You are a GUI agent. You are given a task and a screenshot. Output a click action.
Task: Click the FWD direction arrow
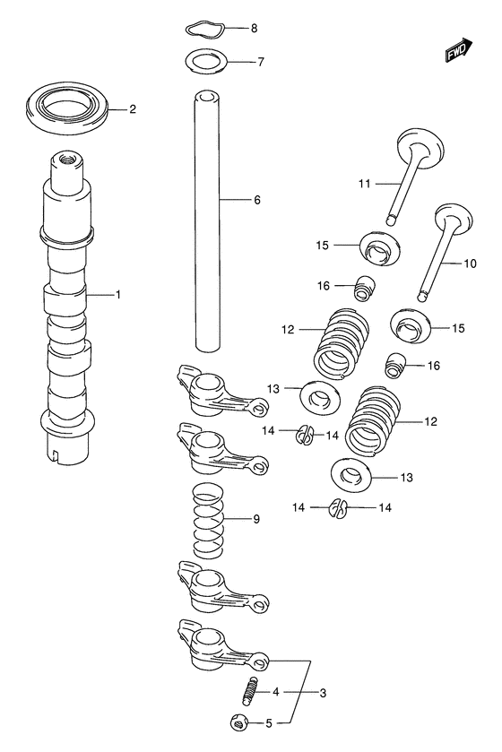tap(459, 50)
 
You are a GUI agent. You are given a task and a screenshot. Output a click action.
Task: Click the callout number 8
tap(254, 29)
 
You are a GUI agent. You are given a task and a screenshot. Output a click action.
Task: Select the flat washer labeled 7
tap(206, 61)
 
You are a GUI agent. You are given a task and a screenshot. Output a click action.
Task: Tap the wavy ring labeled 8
tap(204, 29)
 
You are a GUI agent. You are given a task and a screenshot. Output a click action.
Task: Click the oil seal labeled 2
tap(66, 108)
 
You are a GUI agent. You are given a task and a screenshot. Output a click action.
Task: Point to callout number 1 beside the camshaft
tap(118, 294)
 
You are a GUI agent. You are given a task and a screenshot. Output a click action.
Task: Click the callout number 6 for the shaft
tap(257, 200)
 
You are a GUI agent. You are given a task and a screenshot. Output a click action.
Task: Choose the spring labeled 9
tap(209, 521)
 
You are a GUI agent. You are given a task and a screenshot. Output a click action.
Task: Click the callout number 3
tap(323, 693)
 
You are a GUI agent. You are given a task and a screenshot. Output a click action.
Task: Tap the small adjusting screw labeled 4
tap(249, 691)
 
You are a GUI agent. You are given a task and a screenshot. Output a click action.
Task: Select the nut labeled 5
tap(238, 722)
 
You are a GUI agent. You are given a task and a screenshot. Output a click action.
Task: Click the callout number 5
tap(269, 723)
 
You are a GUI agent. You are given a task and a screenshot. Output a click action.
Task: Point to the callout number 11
tap(364, 183)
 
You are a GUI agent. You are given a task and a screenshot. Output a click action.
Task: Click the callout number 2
tap(133, 109)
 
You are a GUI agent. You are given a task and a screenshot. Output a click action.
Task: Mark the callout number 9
tap(256, 519)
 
